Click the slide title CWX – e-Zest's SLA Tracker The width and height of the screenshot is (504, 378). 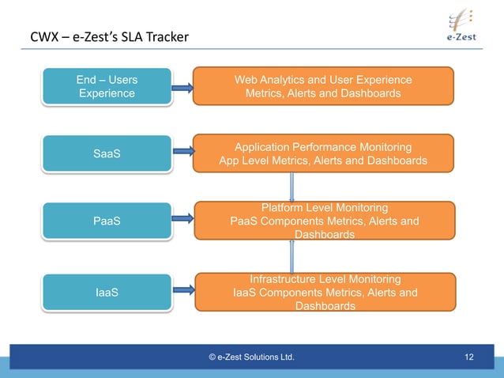point(104,37)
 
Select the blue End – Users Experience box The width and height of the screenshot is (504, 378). point(106,86)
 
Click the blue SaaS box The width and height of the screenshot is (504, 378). point(106,153)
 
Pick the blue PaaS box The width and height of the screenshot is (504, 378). point(106,221)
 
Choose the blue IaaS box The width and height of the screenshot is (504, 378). point(106,293)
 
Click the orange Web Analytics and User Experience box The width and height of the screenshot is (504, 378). point(323,86)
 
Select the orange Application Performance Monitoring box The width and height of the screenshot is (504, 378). point(323,153)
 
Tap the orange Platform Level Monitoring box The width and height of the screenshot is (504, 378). point(323,221)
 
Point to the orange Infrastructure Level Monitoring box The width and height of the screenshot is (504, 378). point(323,292)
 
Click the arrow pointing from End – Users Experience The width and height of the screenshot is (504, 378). point(182,89)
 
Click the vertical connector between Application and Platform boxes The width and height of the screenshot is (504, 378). point(292,187)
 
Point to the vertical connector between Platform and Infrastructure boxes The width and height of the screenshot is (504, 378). point(292,256)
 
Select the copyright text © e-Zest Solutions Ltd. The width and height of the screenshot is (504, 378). point(251,357)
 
